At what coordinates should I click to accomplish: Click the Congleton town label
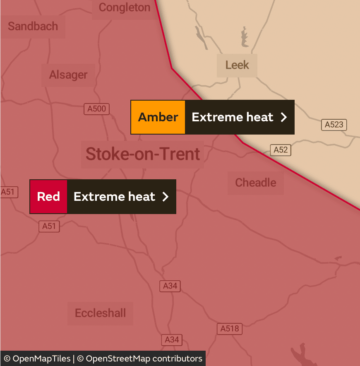point(124,7)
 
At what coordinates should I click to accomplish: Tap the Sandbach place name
point(33,26)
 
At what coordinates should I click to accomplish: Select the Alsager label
point(68,75)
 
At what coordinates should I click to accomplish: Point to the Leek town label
point(237,65)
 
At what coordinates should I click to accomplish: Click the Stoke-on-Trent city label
point(143,154)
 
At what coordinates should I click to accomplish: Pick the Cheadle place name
point(255,183)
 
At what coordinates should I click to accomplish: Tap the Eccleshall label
point(100,313)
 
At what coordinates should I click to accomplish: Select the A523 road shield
point(334,124)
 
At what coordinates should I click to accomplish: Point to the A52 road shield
point(281,150)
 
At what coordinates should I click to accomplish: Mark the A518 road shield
point(229,329)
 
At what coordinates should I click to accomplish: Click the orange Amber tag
point(158,117)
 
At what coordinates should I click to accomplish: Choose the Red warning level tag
point(48,197)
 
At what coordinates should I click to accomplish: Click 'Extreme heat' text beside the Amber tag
point(233,117)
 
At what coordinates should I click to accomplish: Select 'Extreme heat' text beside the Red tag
point(114,197)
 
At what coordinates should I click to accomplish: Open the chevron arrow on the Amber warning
point(284,117)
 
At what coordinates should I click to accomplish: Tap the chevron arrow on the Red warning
point(166,197)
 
